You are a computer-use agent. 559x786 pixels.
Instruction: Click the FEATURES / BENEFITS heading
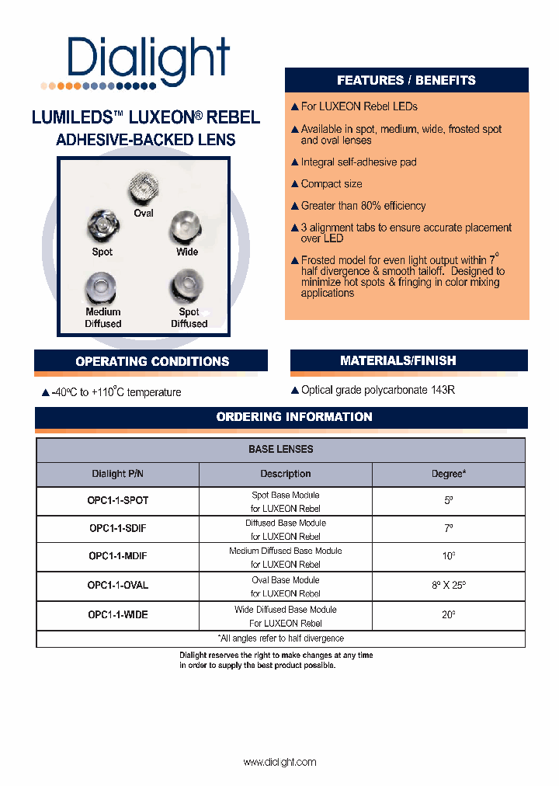tap(406, 81)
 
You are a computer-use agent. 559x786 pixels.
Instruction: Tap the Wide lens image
tap(186, 228)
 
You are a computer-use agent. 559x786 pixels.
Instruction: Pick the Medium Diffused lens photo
tap(103, 288)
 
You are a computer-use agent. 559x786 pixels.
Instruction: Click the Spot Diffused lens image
tap(188, 288)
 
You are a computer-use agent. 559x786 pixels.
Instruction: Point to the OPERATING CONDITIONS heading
tap(152, 361)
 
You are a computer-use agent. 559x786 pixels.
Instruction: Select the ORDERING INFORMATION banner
tap(294, 417)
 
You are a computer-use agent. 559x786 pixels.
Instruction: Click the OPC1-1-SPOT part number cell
tap(118, 501)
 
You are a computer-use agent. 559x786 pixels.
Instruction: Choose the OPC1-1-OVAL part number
tap(118, 586)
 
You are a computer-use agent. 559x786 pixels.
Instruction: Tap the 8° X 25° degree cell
tap(449, 586)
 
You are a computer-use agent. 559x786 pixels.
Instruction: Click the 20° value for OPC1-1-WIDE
tap(449, 614)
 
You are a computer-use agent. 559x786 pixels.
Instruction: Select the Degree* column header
tap(449, 474)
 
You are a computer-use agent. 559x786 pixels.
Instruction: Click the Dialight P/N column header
tap(118, 474)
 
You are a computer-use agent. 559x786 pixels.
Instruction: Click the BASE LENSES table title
tap(281, 450)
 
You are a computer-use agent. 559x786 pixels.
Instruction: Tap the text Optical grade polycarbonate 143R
tap(377, 390)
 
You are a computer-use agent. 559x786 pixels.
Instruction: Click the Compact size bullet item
tap(332, 184)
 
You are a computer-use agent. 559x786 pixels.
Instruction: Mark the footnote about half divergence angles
tap(281, 638)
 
